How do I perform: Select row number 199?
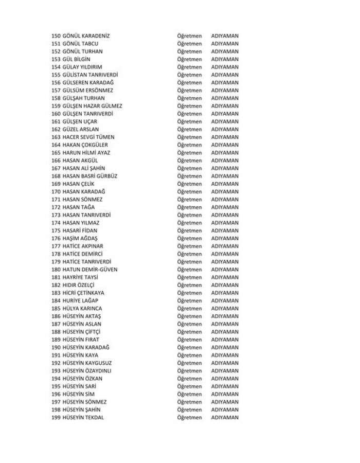(56, 417)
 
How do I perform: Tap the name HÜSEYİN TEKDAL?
(83, 417)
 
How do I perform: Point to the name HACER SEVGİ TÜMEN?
(88, 137)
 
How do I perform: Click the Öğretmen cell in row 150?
(189, 36)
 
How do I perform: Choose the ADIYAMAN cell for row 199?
(225, 417)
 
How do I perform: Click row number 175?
(56, 230)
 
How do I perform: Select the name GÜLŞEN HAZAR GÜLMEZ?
(92, 106)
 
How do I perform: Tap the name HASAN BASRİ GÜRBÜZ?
(89, 176)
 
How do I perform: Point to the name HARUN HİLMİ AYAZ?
(86, 153)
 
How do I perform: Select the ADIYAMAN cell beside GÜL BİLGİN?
(225, 59)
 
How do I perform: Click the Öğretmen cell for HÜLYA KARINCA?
(189, 308)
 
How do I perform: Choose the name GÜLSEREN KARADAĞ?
(87, 83)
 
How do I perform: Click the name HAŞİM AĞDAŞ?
(79, 238)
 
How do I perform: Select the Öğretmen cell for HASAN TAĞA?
(189, 207)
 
